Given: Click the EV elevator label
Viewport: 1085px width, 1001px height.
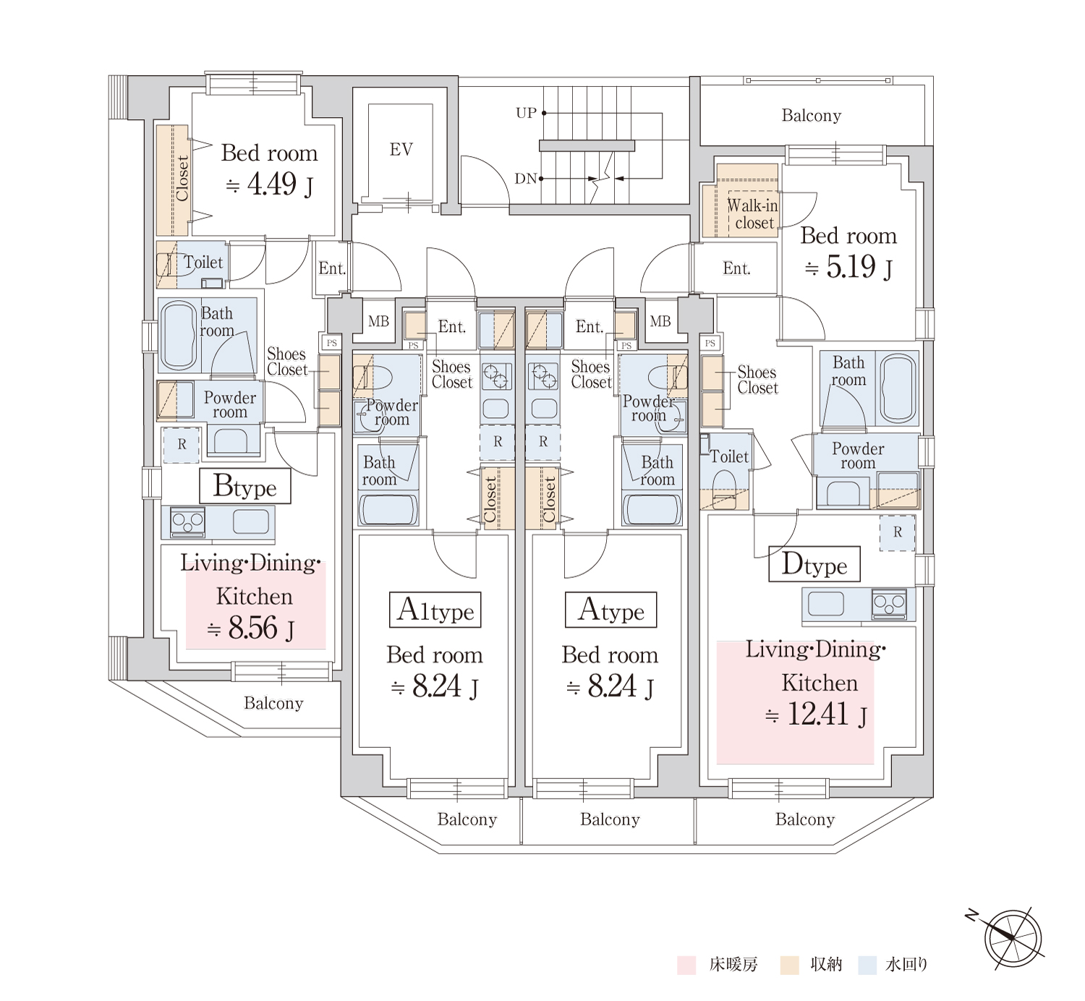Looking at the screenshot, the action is click(x=401, y=149).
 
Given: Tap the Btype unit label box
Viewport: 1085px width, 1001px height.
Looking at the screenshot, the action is click(x=244, y=485).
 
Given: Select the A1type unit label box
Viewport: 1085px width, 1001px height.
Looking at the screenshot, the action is click(x=435, y=610).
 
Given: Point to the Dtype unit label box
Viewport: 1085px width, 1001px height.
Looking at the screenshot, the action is click(x=814, y=564).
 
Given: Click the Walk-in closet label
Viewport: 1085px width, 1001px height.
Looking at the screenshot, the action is click(x=754, y=214).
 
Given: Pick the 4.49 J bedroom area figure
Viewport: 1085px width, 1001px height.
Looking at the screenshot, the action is click(x=270, y=184).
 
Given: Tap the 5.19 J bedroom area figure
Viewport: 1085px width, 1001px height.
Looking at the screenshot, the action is click(x=848, y=267).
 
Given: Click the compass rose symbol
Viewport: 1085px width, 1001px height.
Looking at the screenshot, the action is click(x=1013, y=939).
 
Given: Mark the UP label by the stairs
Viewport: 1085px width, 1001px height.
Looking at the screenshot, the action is click(x=526, y=113).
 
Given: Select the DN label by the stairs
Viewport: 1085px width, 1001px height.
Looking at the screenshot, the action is click(x=526, y=179).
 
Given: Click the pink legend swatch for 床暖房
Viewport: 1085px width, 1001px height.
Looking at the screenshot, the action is click(x=686, y=966).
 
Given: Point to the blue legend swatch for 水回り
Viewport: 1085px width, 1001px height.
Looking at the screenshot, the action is click(x=867, y=966).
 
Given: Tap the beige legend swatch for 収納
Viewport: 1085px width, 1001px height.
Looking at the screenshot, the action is click(x=789, y=966).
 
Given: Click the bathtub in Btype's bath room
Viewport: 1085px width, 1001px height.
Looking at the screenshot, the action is click(x=179, y=333).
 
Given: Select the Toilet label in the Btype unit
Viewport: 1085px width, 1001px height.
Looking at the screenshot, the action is click(x=203, y=263).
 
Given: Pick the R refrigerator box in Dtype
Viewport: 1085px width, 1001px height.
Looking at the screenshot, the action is click(x=897, y=532).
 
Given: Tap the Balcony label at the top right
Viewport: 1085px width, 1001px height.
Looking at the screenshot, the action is click(x=812, y=115).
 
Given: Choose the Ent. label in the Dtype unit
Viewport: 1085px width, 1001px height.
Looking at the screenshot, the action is click(x=736, y=268).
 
